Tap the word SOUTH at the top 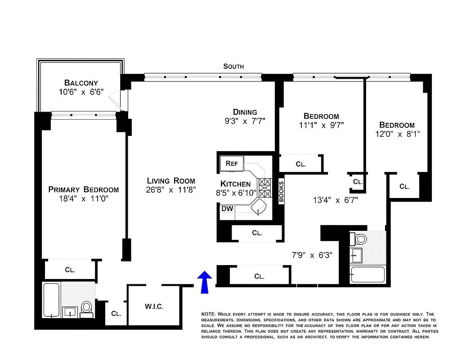[x=233, y=67]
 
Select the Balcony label [x=81, y=83]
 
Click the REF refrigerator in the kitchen [x=231, y=163]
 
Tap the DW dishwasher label [x=227, y=208]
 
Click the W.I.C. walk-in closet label [x=154, y=307]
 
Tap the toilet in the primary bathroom [x=86, y=308]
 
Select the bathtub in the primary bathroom [x=51, y=300]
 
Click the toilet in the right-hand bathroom [x=361, y=238]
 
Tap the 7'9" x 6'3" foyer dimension [x=312, y=255]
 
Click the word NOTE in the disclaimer [x=208, y=314]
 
